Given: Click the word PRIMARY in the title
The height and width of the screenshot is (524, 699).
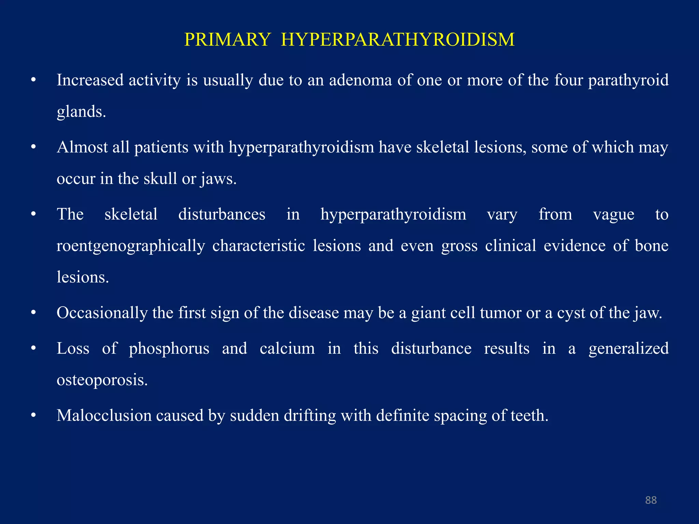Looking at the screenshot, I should tap(227, 40).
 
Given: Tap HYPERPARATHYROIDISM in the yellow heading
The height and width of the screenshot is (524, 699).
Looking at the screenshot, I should tap(398, 40).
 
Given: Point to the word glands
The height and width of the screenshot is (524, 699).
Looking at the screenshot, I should tap(81, 112).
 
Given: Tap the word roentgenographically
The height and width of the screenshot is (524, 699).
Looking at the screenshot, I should tap(131, 246).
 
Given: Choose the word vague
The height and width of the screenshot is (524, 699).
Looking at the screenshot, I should tap(613, 215).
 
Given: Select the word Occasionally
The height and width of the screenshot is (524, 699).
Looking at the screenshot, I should tap(102, 313).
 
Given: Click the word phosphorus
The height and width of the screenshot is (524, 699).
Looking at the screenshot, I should tap(169, 349).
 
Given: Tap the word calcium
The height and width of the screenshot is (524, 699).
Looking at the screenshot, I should tap(287, 349).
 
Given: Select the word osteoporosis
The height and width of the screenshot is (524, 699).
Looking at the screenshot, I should tap(102, 380).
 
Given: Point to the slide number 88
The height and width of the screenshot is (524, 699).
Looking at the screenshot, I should tap(651, 500).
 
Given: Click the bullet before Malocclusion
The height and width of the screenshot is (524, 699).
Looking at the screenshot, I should tap(33, 416).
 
